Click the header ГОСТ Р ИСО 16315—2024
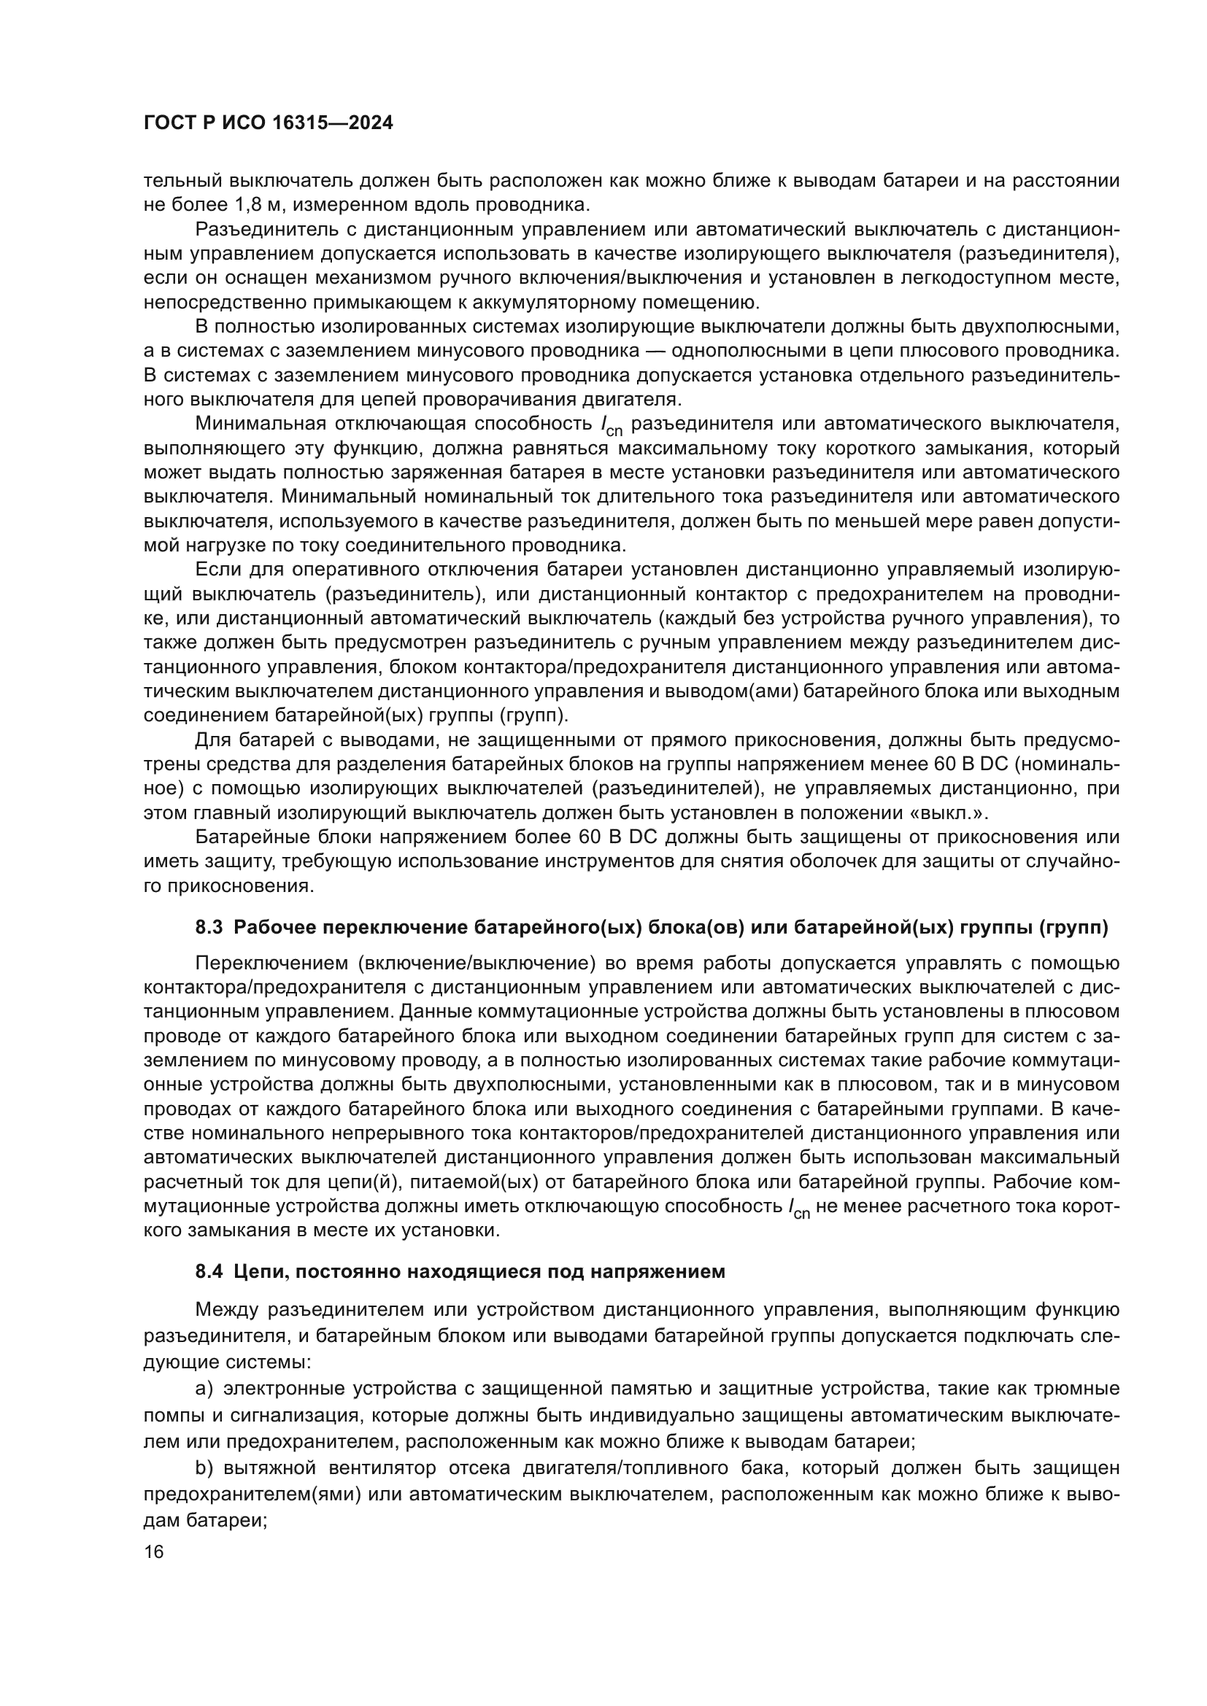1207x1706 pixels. pos(269,123)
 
